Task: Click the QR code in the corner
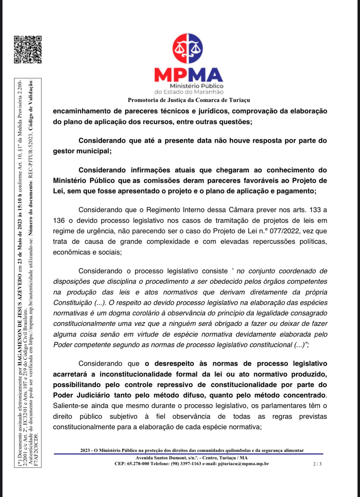click(28, 50)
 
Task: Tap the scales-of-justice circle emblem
click(188, 49)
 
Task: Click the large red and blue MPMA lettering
click(188, 75)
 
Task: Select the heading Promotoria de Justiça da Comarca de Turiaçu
click(189, 100)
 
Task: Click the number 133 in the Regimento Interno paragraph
click(315, 210)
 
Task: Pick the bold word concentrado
click(304, 395)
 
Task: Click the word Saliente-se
click(69, 406)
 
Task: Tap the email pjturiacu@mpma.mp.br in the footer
click(243, 464)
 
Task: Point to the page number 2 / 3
click(317, 464)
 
